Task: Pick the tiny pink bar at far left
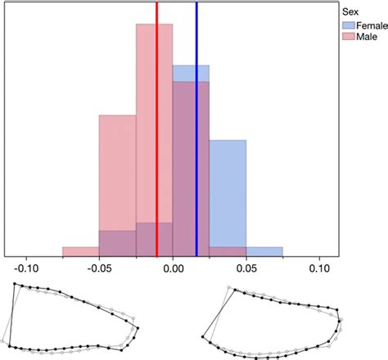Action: point(80,251)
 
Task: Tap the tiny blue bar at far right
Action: point(264,251)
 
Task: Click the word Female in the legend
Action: point(371,25)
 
